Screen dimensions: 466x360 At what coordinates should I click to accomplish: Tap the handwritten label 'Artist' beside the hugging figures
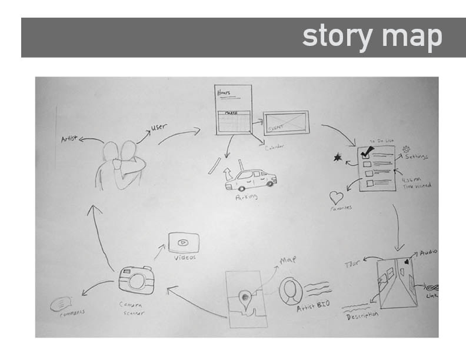[69, 139]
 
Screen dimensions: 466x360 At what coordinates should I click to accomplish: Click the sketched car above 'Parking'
[251, 178]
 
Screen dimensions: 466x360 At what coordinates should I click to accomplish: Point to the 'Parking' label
[247, 198]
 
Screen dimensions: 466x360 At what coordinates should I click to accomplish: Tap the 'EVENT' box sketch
[285, 123]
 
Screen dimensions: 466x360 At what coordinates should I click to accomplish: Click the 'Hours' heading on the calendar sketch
[223, 93]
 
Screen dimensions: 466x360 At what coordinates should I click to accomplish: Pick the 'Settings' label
[415, 157]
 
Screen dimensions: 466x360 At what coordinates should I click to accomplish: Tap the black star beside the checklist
[338, 157]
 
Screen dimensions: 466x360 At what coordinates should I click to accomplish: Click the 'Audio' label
[428, 253]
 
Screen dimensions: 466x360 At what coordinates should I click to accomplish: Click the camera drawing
[137, 280]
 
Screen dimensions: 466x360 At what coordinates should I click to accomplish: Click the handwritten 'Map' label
[288, 259]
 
